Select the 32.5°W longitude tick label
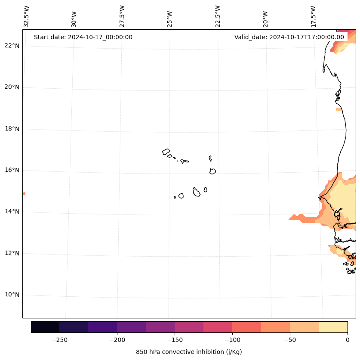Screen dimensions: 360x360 [27, 16]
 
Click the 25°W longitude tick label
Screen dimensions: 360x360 [170, 19]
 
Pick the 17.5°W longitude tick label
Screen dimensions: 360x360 [314, 16]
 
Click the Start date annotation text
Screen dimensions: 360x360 [83, 37]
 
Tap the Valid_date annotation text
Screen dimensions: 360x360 [289, 37]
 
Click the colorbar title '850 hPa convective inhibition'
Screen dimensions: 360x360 [189, 352]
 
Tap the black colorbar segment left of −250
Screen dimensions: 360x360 [45, 327]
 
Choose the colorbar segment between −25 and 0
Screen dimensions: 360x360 [333, 327]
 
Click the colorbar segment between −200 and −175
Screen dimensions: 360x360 [131, 327]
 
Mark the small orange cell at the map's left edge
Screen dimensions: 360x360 [24, 193]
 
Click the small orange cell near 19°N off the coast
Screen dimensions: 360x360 [339, 109]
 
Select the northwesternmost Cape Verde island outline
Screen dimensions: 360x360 [166, 152]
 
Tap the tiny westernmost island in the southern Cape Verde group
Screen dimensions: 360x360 [175, 197]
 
